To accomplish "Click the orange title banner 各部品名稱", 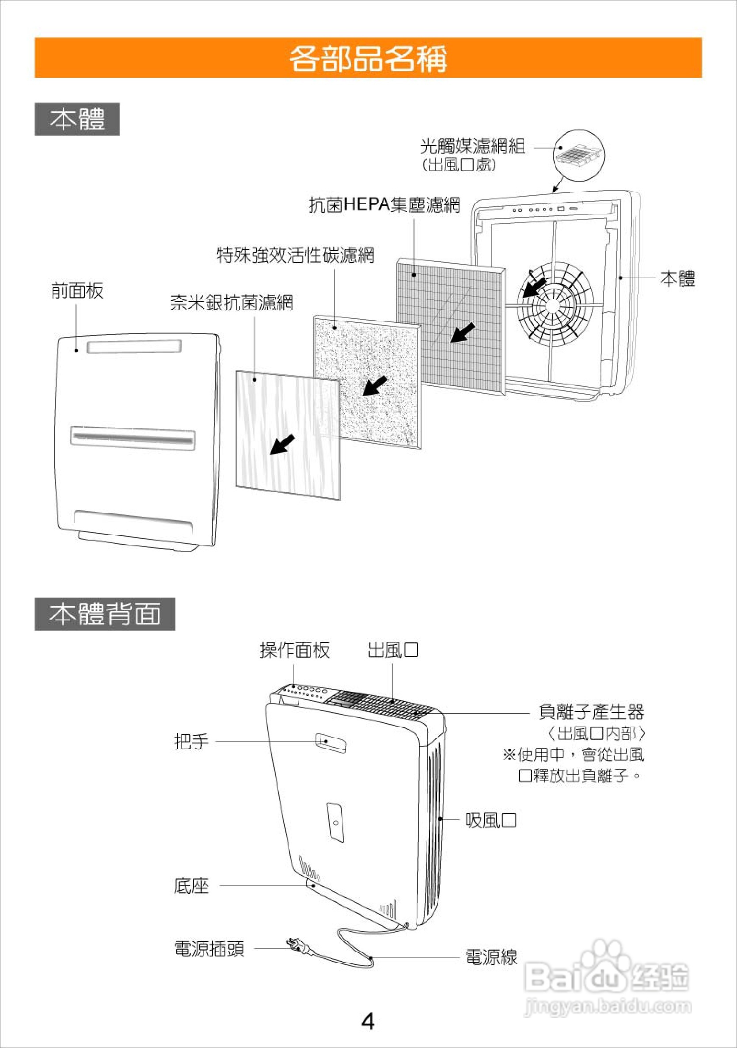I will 368,58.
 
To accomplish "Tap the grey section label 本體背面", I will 105,614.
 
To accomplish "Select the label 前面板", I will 77,291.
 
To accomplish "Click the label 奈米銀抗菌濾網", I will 232,303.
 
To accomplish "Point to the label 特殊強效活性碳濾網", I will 295,255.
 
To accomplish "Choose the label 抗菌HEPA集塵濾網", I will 384,205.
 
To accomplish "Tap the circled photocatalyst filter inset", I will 579,155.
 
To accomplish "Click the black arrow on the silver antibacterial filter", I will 282,444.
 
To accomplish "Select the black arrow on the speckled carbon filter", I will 375,386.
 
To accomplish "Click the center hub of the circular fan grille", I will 554,305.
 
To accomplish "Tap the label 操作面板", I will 295,650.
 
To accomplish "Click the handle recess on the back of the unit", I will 331,742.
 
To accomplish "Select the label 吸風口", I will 490,820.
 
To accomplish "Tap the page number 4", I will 368,1021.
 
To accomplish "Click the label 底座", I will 191,886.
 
